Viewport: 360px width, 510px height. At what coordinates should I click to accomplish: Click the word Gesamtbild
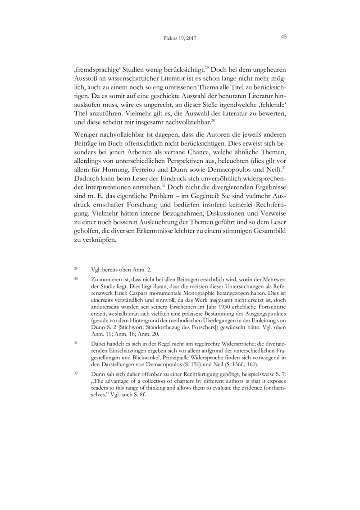pos(265,231)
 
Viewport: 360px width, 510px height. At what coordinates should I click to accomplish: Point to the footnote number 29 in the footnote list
pos(76,269)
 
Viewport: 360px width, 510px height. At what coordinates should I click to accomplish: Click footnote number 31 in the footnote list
pos(76,343)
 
